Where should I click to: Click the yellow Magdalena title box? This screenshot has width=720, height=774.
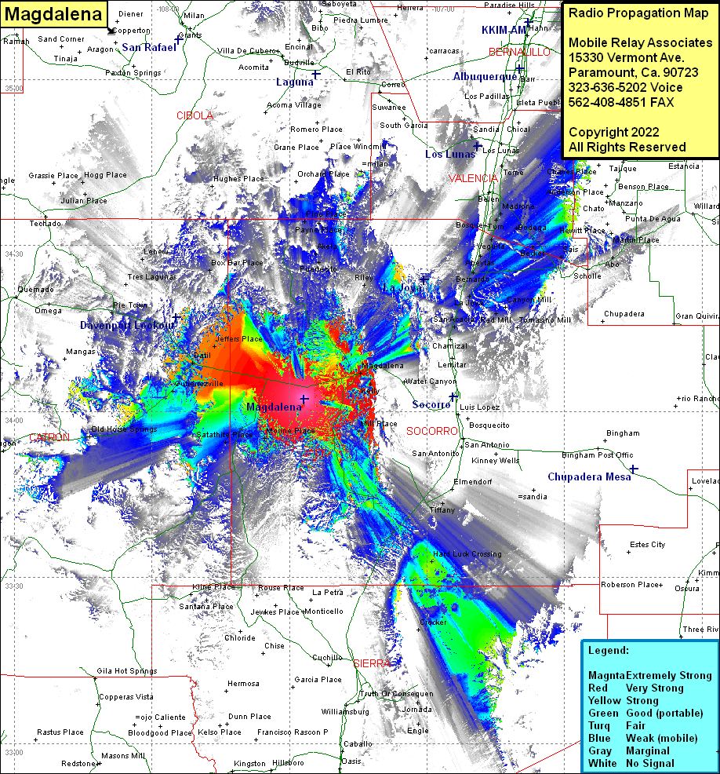[54, 14]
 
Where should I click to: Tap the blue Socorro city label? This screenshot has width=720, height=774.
[431, 405]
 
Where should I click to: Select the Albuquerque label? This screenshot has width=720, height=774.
[485, 77]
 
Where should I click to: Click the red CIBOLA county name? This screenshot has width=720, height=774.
[195, 115]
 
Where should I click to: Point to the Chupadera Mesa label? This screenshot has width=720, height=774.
[588, 477]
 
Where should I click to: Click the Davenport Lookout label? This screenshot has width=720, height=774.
[127, 325]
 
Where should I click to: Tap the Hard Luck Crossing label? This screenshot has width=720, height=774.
[467, 554]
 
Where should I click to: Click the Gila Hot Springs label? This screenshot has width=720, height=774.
[127, 671]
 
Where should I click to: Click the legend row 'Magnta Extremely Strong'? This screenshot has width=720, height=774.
[649, 676]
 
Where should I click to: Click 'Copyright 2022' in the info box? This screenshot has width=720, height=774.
[613, 132]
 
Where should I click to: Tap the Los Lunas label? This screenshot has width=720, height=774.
[450, 155]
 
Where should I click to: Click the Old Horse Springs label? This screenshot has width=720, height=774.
[124, 429]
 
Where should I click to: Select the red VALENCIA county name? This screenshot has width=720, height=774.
[473, 179]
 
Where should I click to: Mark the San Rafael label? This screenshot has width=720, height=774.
[149, 48]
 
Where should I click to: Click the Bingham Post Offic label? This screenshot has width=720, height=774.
[598, 455]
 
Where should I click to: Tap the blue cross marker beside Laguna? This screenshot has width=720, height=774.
[315, 75]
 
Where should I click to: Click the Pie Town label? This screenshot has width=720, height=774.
[129, 305]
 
